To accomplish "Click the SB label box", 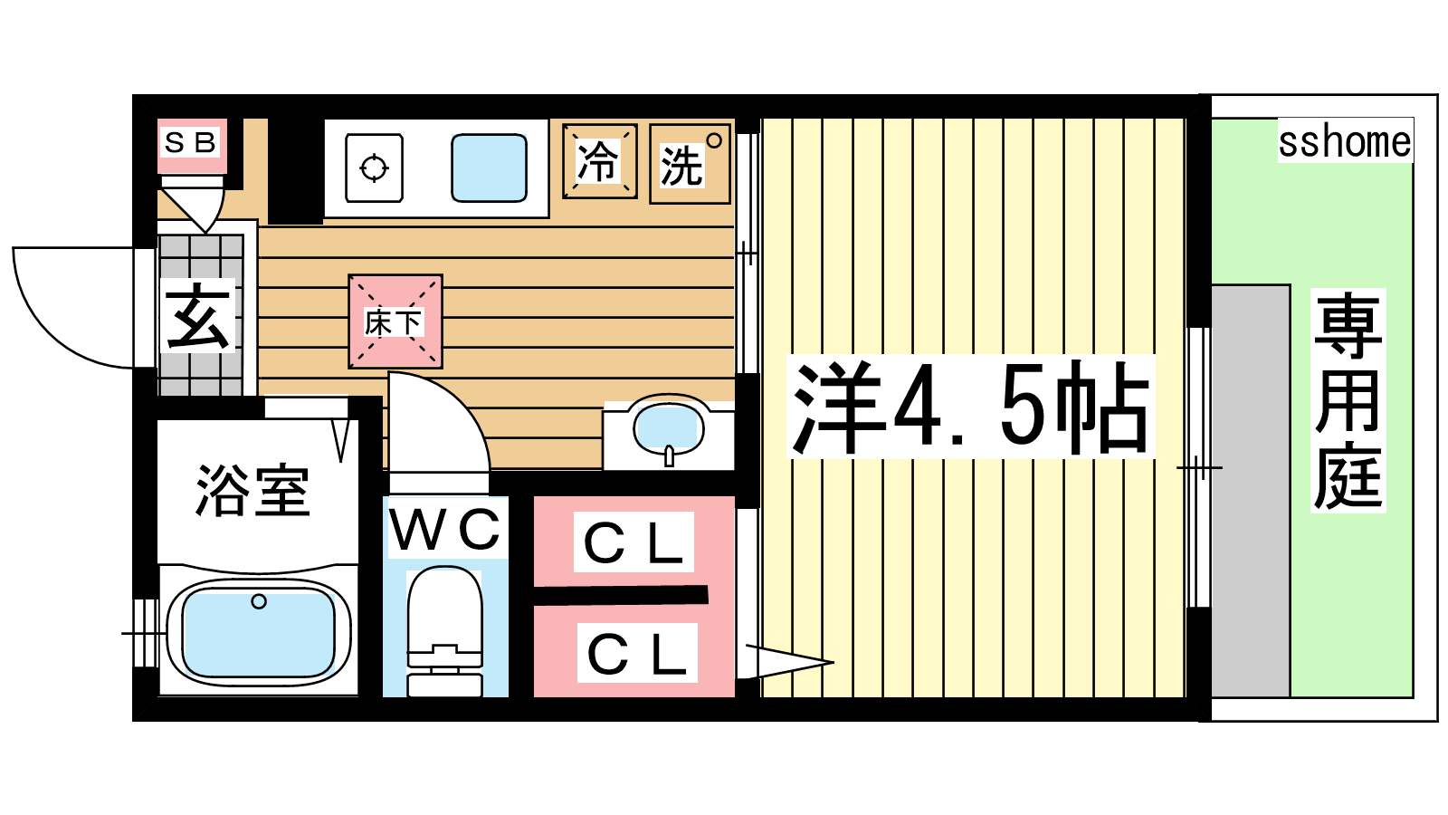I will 191,143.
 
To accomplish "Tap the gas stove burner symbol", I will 375,168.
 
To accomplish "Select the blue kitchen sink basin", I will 489,168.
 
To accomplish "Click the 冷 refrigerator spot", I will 599,162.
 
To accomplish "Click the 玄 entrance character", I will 198,317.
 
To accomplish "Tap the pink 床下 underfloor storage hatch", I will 395,321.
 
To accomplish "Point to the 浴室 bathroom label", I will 253,491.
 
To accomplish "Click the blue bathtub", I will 259,632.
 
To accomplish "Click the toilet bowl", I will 444,607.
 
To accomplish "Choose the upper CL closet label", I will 633,542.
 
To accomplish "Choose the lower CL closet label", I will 637,653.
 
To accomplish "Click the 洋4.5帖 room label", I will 971,407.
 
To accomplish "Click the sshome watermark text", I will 1345,141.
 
